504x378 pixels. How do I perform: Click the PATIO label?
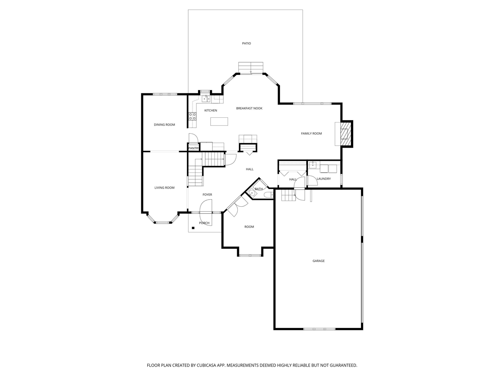pos(246,43)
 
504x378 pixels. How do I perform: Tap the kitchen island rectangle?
pos(219,122)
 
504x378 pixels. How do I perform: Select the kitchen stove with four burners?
pos(193,116)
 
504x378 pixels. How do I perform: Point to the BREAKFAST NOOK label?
pos(249,108)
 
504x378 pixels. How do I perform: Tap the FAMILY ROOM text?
pos(311,133)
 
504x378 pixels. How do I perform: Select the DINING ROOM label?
pos(164,125)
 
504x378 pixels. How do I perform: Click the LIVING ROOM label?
pos(164,188)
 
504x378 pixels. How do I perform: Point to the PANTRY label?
pos(193,148)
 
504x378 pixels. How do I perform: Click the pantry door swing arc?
pos(193,138)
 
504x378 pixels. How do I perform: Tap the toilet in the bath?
pos(269,195)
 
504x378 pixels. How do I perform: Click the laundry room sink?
pos(313,165)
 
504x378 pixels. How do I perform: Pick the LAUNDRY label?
pos(324,179)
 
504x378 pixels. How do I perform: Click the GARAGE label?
pos(319,261)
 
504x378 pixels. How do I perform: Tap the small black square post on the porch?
pos(193,228)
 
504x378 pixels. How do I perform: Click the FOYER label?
pos(207,195)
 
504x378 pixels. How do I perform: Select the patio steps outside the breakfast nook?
pos(250,67)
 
